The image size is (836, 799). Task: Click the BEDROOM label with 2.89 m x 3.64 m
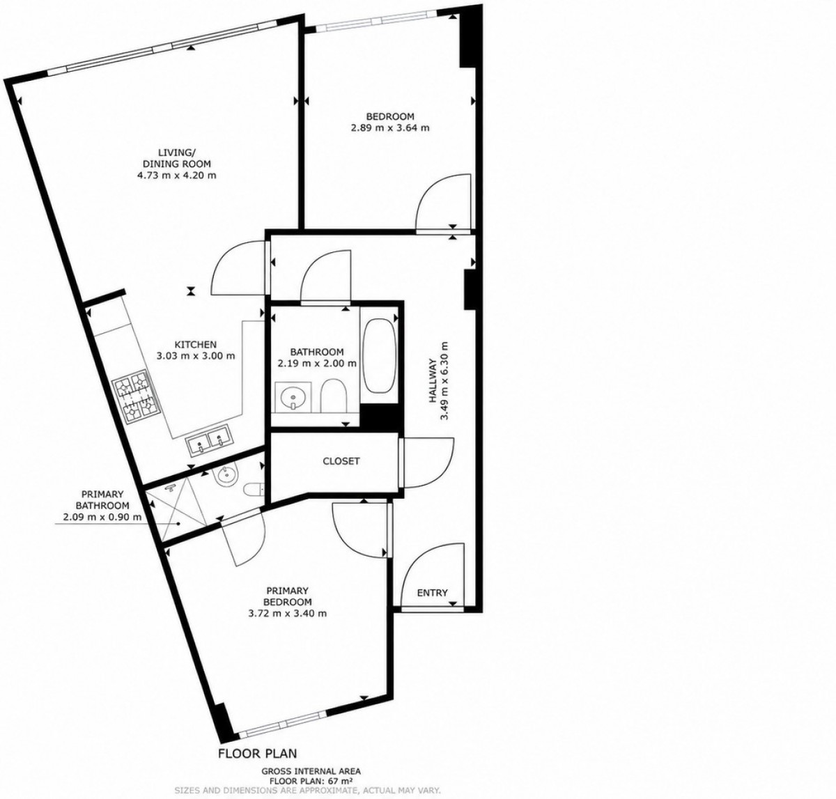pyautogui.click(x=390, y=116)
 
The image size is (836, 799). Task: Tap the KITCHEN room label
pyautogui.click(x=196, y=345)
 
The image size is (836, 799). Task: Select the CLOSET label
pyautogui.click(x=341, y=461)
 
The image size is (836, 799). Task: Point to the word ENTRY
pyautogui.click(x=433, y=593)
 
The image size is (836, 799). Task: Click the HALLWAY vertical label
pyautogui.click(x=433, y=381)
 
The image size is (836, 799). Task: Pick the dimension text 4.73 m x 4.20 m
pyautogui.click(x=176, y=176)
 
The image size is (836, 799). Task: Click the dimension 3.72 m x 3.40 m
pyautogui.click(x=288, y=614)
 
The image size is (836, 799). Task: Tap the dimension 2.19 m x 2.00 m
pyautogui.click(x=317, y=364)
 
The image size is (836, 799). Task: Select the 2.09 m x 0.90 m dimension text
pyautogui.click(x=102, y=517)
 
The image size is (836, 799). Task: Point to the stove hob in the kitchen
pyautogui.click(x=136, y=397)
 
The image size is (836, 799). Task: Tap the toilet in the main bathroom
pyautogui.click(x=334, y=396)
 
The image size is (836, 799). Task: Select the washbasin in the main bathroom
pyautogui.click(x=293, y=396)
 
